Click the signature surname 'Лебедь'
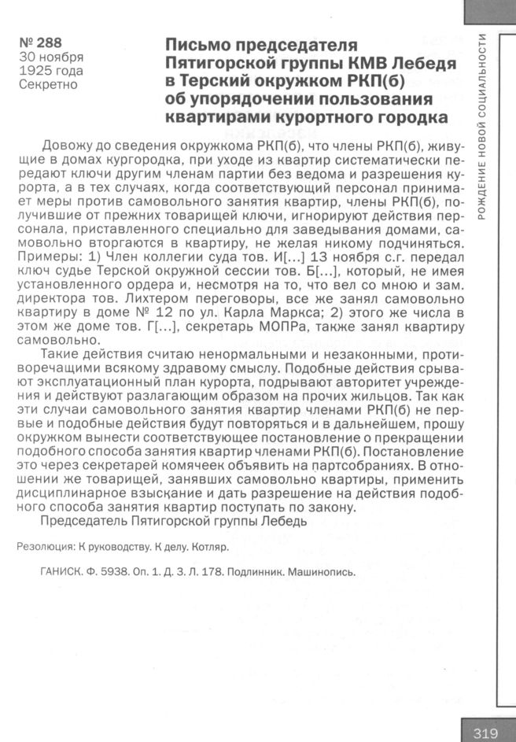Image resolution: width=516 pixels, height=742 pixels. [289, 521]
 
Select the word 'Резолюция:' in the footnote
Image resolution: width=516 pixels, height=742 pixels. [46, 545]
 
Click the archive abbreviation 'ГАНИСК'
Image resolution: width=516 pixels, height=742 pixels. [61, 572]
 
